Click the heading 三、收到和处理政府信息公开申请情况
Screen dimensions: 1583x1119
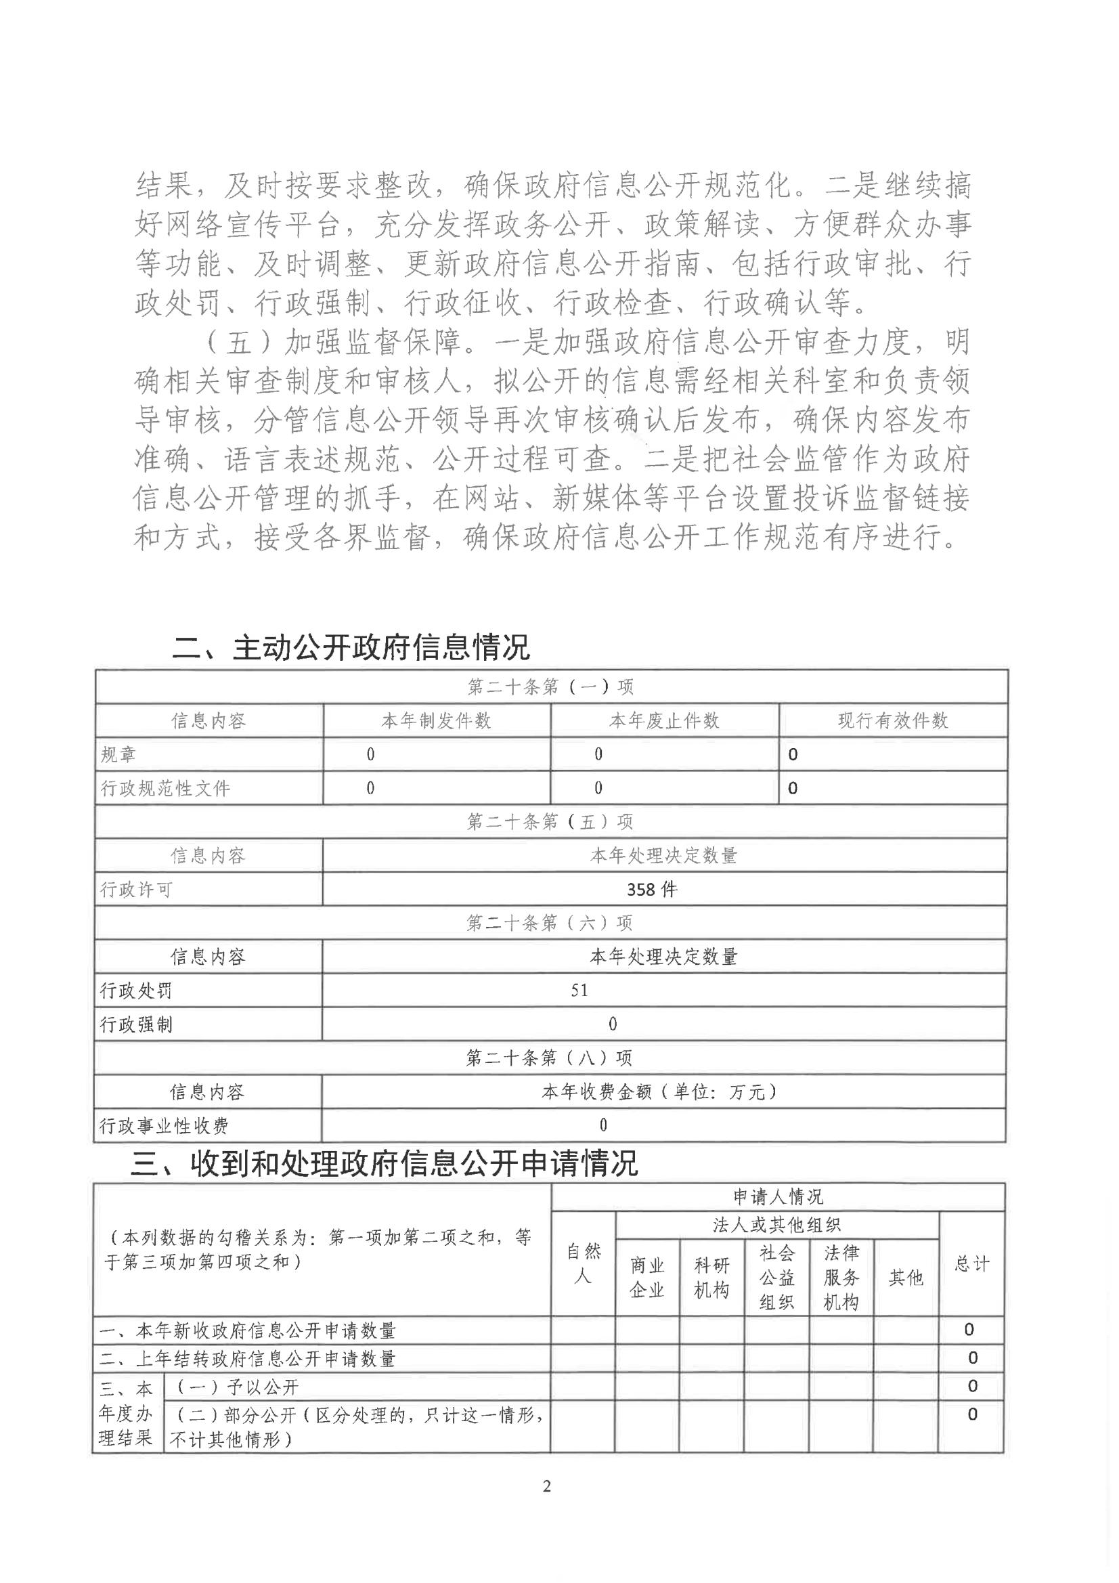point(384,1164)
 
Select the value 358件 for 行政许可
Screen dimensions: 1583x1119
point(651,890)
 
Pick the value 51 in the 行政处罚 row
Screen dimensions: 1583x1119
point(579,991)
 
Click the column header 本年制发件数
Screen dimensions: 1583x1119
point(436,721)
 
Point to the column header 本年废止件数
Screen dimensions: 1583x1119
point(664,721)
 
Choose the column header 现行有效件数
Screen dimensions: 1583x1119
point(892,721)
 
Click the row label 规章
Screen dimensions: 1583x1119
point(118,755)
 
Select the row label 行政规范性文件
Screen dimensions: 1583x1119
point(165,788)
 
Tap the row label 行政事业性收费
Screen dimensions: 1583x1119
point(164,1126)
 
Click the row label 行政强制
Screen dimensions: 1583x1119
point(136,1024)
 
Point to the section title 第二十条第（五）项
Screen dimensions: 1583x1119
point(550,822)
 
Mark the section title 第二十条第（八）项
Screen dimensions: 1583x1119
point(549,1058)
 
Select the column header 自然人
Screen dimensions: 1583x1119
point(584,1264)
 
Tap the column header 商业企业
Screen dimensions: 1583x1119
point(646,1278)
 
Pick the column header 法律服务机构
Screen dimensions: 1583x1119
point(841,1278)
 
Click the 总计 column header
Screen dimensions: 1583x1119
point(971,1264)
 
